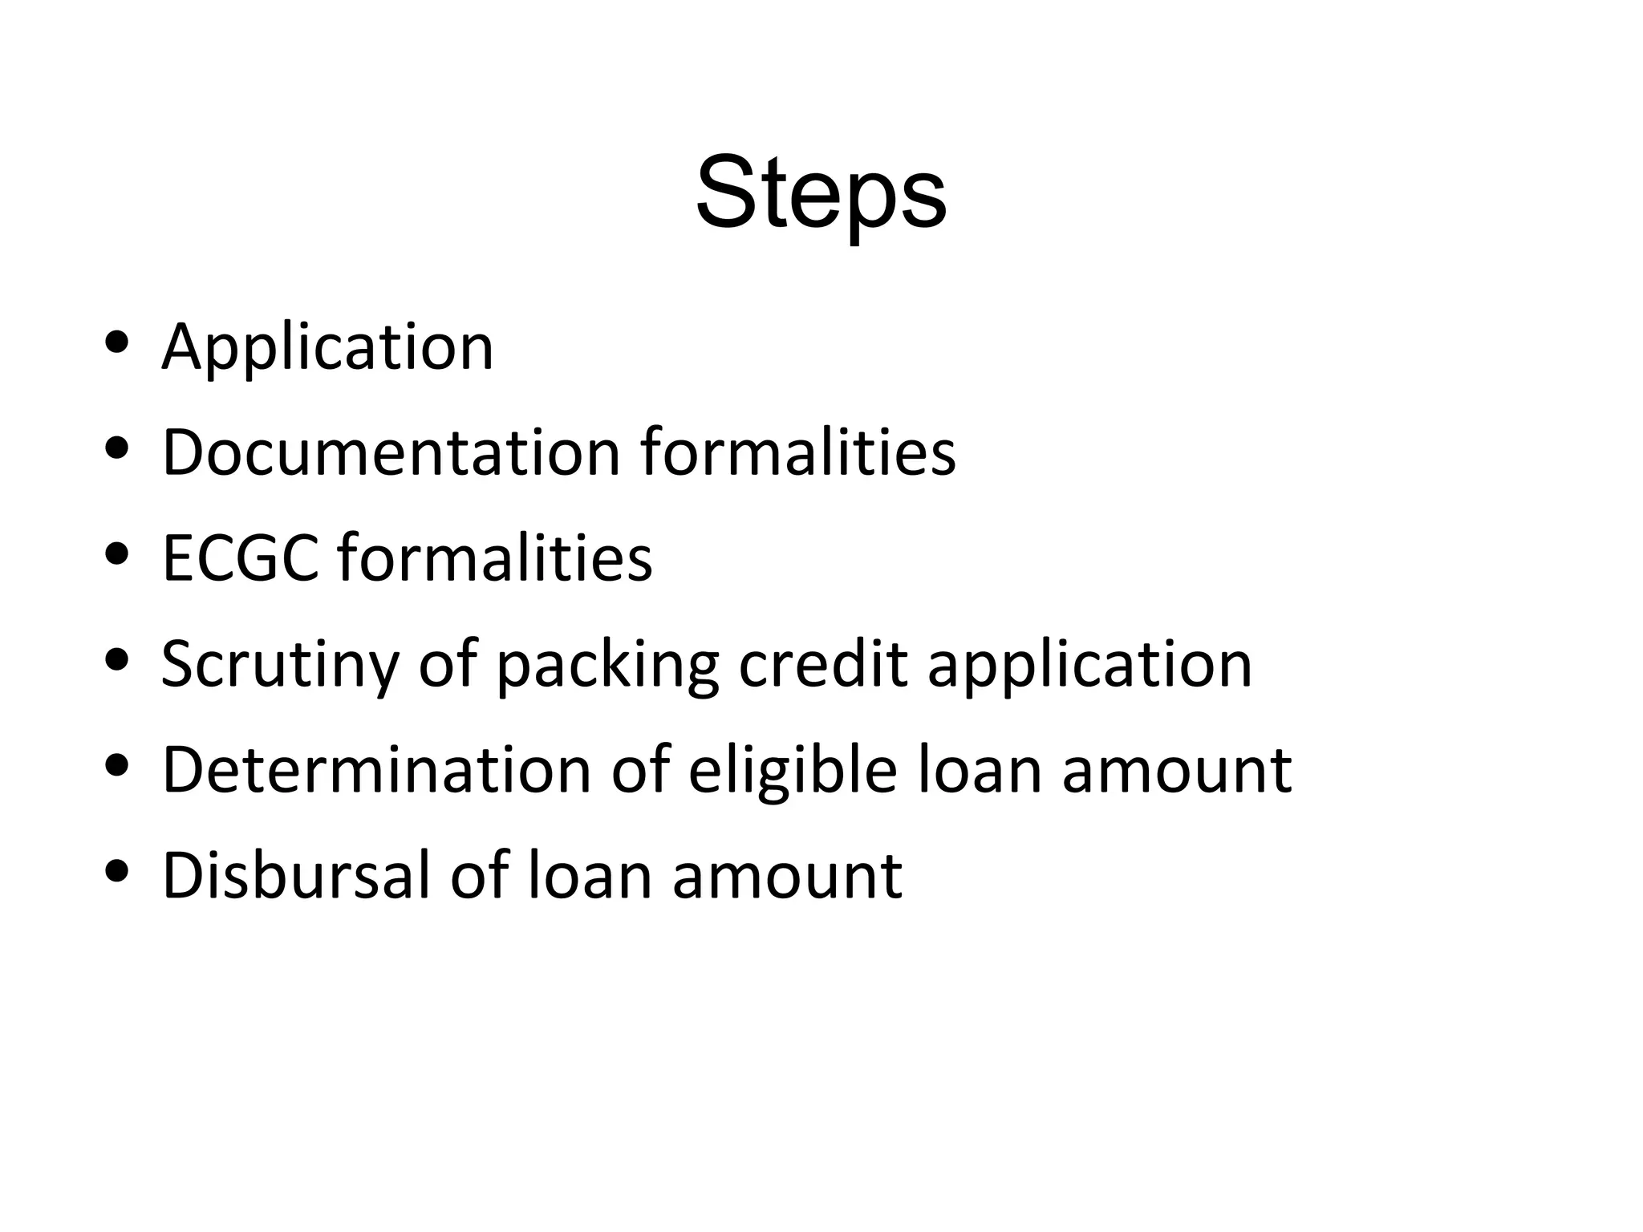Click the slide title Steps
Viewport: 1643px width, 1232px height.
[x=821, y=195]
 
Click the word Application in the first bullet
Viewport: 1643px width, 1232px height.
[x=327, y=347]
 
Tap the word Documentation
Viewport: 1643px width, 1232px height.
[x=391, y=453]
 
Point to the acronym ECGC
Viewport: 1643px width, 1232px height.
[x=241, y=558]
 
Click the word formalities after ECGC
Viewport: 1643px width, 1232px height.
[x=495, y=558]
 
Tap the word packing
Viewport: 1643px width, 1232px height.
[x=607, y=665]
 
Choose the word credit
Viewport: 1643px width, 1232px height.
[x=823, y=665]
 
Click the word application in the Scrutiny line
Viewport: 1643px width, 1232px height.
[x=1089, y=665]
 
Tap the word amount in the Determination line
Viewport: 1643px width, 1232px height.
[x=1177, y=770]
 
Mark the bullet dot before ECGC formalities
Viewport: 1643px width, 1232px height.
[x=117, y=554]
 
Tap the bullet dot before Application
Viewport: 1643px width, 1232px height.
[x=117, y=342]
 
